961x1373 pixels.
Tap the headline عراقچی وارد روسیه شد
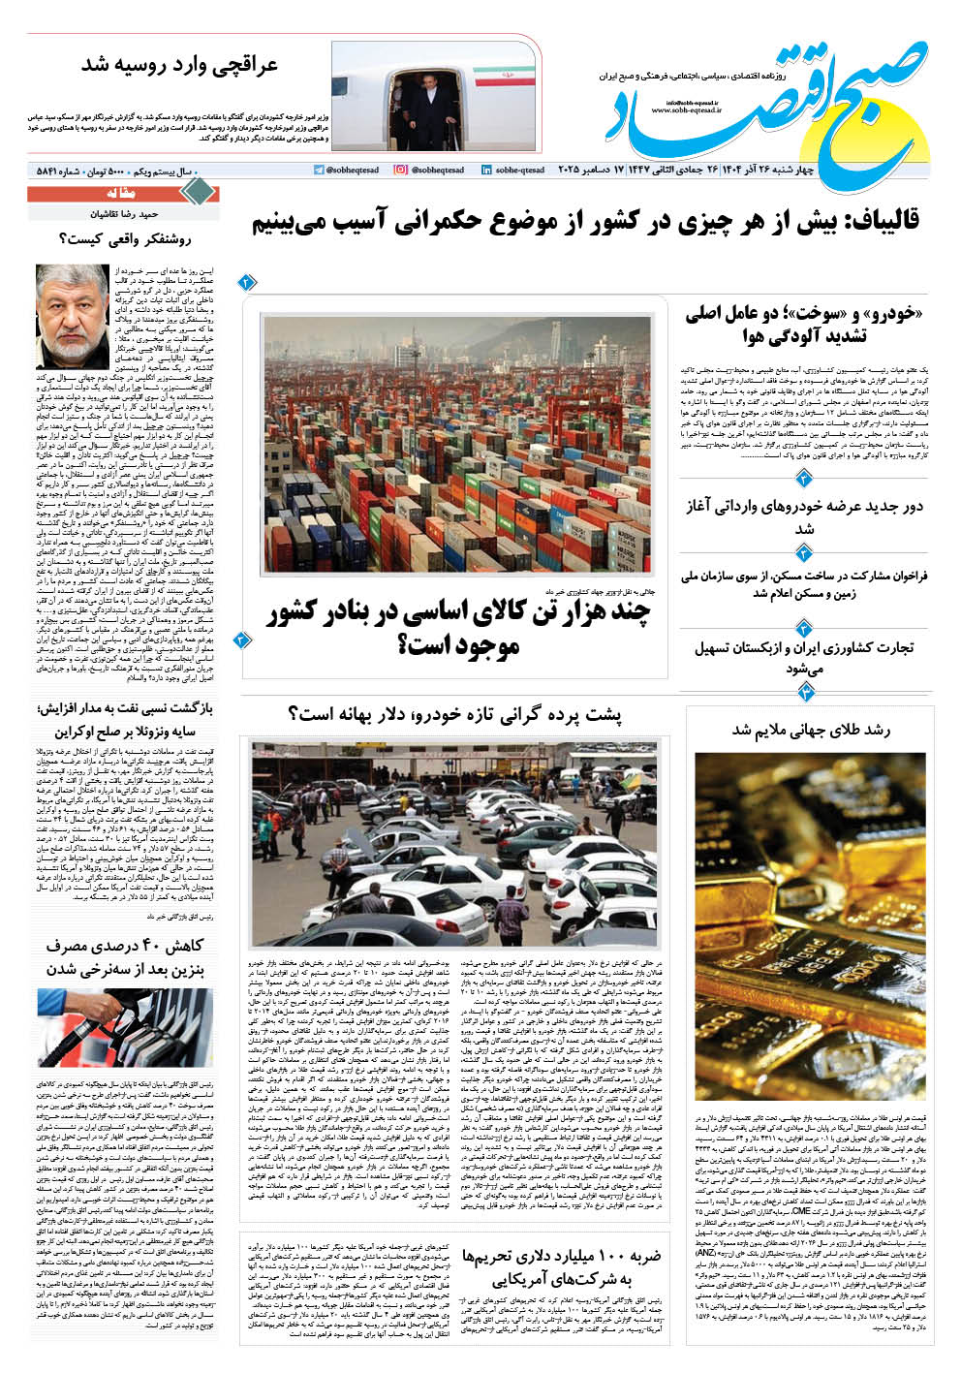[x=179, y=66]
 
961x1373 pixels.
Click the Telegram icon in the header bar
[x=319, y=170]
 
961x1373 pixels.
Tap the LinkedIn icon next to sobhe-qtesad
[x=486, y=170]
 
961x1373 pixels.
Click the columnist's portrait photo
[x=73, y=315]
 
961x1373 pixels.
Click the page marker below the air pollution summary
[x=803, y=479]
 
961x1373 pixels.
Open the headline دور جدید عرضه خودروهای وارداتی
[x=805, y=516]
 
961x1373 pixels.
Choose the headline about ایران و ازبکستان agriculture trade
[x=805, y=657]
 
